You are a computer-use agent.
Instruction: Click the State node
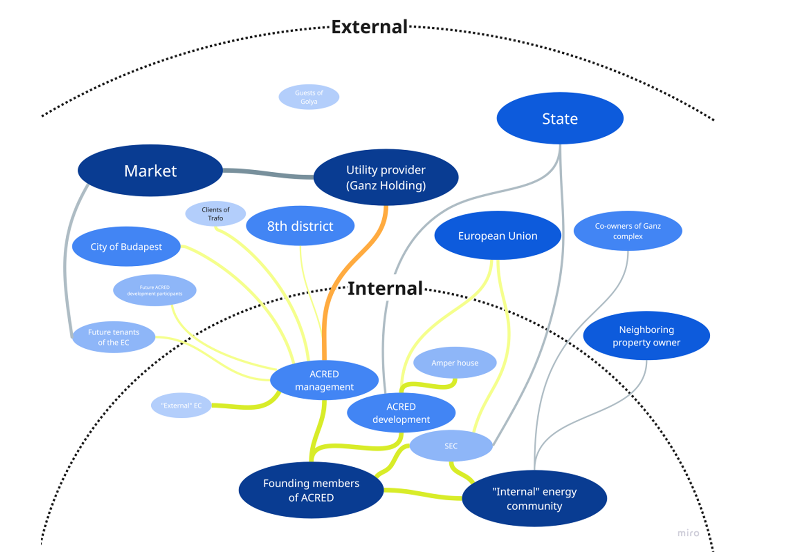[x=560, y=118]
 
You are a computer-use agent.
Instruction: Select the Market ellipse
[x=150, y=171]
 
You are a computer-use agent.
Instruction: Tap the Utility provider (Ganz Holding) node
[x=386, y=177]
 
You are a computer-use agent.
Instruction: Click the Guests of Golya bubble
[x=309, y=97]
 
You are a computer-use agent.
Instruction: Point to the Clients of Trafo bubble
[x=215, y=214]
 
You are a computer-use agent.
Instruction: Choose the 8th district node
[x=300, y=226]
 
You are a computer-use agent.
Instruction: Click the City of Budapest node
[x=126, y=247]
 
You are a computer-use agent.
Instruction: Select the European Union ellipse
[x=497, y=236]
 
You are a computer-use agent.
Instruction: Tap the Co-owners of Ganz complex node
[x=628, y=231]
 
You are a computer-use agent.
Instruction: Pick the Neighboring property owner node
[x=646, y=336]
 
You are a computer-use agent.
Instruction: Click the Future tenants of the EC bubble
[x=113, y=337]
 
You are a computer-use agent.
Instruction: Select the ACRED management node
[x=324, y=380]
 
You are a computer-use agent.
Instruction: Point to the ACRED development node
[x=401, y=413]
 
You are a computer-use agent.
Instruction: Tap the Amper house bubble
[x=455, y=363]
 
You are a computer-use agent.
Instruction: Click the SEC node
[x=451, y=446]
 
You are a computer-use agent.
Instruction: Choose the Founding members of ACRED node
[x=311, y=490]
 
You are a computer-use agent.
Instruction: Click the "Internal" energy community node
[x=534, y=499]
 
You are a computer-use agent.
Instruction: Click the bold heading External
[x=369, y=27]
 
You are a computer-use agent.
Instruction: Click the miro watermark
[x=688, y=533]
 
